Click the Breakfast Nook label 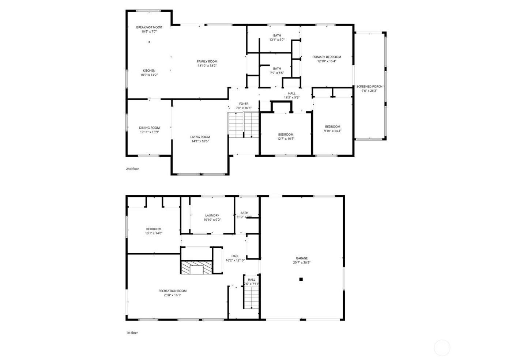coord(149,27)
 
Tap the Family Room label coord(207,61)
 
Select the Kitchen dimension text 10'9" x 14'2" coord(149,75)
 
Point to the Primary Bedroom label coord(326,57)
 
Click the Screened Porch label coord(369,87)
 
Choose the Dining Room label coord(149,128)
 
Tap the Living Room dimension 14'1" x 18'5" coord(200,141)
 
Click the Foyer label coord(244,104)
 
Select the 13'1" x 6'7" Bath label coord(277,36)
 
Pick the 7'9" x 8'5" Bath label coord(277,69)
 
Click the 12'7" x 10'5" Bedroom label coord(286,134)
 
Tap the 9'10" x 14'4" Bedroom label coord(332,127)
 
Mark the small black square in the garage coord(301,279)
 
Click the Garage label coord(302,258)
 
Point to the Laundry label coord(212,216)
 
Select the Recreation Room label coord(172,291)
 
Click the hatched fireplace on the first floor coord(197,267)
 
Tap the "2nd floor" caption coord(132,169)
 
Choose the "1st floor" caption coord(132,333)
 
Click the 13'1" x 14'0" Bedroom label coord(153,229)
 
